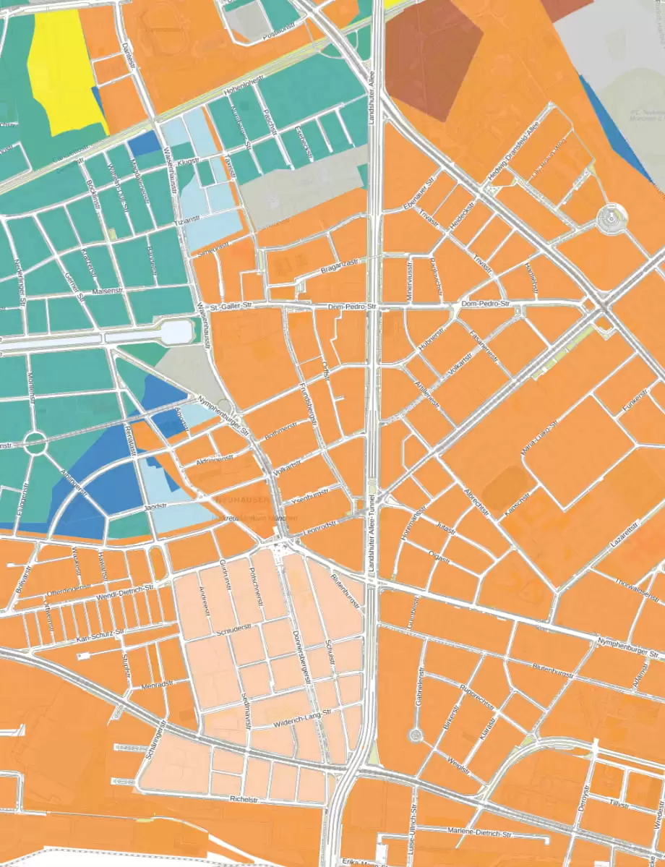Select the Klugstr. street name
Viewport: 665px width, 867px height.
click(186, 163)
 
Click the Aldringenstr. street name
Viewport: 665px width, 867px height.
click(215, 459)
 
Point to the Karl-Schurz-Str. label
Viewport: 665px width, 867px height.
click(101, 636)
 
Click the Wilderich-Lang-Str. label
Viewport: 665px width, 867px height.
click(302, 716)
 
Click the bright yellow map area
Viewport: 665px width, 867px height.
click(64, 69)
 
